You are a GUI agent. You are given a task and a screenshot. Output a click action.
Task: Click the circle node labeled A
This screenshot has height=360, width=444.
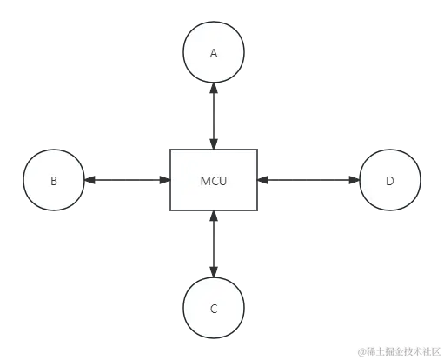point(214,53)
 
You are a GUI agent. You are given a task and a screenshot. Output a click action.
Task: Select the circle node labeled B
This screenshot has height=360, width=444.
point(54,181)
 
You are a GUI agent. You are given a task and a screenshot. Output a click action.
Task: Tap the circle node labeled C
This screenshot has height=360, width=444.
point(214,309)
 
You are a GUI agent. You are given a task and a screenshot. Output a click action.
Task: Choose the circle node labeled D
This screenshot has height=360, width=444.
point(390,181)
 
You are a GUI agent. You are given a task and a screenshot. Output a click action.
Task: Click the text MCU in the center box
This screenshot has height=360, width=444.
point(214,181)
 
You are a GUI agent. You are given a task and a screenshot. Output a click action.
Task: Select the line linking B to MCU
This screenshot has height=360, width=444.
point(126,181)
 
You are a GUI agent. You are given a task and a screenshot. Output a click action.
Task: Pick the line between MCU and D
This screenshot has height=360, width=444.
point(308,181)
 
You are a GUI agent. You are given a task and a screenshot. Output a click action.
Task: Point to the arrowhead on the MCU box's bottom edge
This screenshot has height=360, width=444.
point(214,218)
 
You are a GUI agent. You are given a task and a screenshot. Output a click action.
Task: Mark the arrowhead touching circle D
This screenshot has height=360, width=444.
point(354,181)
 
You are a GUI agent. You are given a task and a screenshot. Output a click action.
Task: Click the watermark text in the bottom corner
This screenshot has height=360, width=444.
point(397,350)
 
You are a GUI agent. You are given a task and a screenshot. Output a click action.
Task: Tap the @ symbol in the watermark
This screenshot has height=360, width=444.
point(358,350)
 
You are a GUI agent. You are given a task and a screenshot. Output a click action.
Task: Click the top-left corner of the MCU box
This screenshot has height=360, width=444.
point(169,149)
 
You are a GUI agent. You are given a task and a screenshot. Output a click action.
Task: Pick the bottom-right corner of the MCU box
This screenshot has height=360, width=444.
point(258,212)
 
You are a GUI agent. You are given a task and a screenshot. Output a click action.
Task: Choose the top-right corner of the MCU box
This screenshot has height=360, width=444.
point(258,149)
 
